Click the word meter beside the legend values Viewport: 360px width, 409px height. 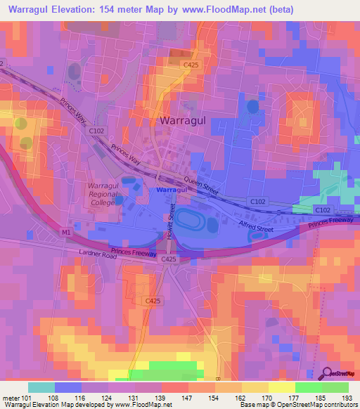pos(10,398)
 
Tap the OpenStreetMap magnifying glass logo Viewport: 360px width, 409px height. pos(326,374)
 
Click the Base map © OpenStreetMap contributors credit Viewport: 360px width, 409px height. pos(295,405)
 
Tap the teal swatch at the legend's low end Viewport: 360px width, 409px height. pos(41,387)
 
